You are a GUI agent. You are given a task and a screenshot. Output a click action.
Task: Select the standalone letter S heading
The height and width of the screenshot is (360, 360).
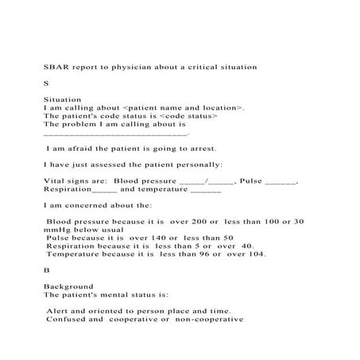tap(46, 83)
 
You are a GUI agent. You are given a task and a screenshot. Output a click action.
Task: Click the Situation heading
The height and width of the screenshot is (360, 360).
tap(63, 99)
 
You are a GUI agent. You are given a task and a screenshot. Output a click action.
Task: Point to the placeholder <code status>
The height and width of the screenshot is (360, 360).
tap(188, 116)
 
